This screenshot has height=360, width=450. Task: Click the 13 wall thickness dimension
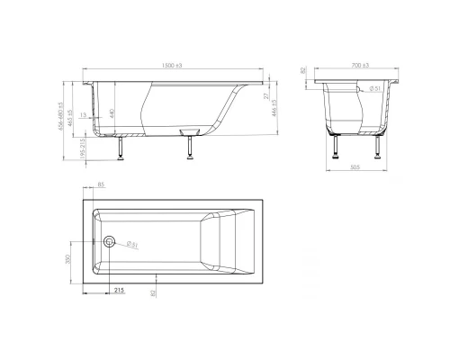pyautogui.click(x=84, y=115)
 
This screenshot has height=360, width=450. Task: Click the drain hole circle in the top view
pyautogui.click(x=109, y=242)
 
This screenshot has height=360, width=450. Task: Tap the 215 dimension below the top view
pyautogui.click(x=119, y=291)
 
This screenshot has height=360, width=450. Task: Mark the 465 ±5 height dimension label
pyautogui.click(x=71, y=111)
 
